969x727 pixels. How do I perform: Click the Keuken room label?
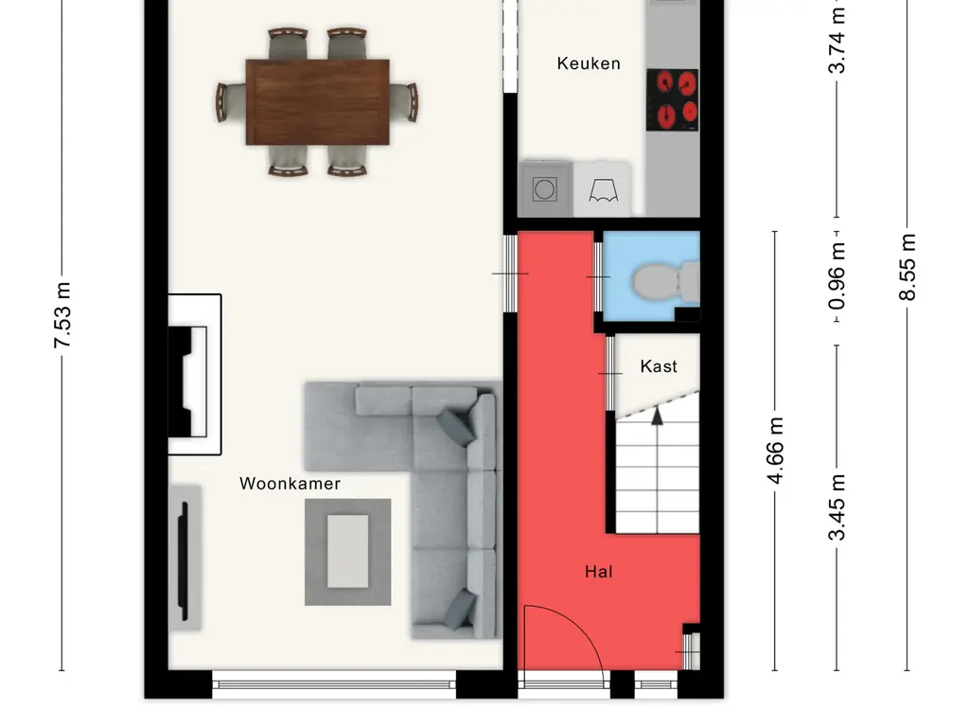tap(589, 63)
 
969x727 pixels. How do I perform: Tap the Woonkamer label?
tap(290, 484)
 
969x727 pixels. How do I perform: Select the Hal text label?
tap(598, 572)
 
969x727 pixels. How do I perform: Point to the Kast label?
tap(659, 366)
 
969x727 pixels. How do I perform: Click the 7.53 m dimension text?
tap(62, 314)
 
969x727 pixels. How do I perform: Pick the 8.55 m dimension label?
tap(907, 267)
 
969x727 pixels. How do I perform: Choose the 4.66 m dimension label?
tap(775, 450)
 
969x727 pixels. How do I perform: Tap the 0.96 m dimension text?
tap(837, 276)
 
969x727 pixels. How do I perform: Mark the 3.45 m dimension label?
tap(837, 507)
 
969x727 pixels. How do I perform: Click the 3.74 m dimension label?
tap(837, 41)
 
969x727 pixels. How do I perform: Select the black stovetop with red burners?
tap(673, 99)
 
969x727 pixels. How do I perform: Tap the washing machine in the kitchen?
tap(544, 188)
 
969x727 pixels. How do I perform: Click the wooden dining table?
tap(318, 102)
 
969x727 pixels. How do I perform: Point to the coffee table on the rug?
tap(348, 552)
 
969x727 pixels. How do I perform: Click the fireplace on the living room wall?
tap(195, 375)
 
